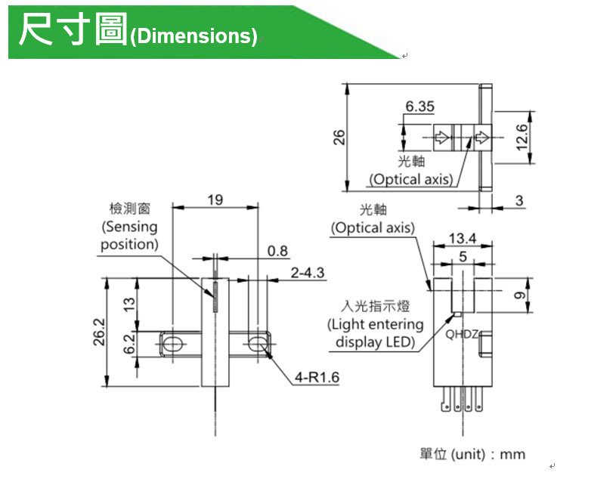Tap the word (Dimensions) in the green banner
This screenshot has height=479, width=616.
coord(193,36)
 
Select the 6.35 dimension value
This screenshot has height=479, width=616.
coord(419,107)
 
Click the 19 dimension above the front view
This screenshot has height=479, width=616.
coord(215,199)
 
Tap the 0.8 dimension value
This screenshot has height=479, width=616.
coord(277,251)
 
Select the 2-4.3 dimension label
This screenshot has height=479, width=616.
coord(308,272)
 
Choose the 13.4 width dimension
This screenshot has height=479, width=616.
coord(462,239)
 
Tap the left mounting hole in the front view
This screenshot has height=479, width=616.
coord(172,344)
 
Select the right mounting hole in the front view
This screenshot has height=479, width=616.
coord(258,344)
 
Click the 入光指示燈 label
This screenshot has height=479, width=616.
coord(375,307)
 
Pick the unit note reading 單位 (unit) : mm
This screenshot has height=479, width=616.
coord(472,454)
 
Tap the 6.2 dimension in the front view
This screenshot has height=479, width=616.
coord(129,344)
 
